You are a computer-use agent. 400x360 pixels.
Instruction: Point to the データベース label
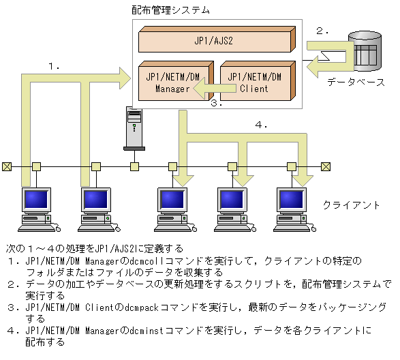pos(356,82)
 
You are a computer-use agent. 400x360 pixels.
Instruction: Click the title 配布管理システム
pos(170,10)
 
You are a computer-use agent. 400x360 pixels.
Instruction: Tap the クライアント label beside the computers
pos(351,205)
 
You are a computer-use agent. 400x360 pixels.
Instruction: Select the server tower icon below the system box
pos(134,127)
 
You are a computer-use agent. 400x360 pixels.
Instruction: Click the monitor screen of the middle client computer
pos(171,199)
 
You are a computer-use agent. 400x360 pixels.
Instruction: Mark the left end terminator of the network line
pos(7,166)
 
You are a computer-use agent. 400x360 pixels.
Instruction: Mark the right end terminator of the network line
pos(326,166)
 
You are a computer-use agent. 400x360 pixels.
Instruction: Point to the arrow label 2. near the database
pos(322,31)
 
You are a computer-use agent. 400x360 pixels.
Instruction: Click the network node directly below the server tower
pos(135,166)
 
